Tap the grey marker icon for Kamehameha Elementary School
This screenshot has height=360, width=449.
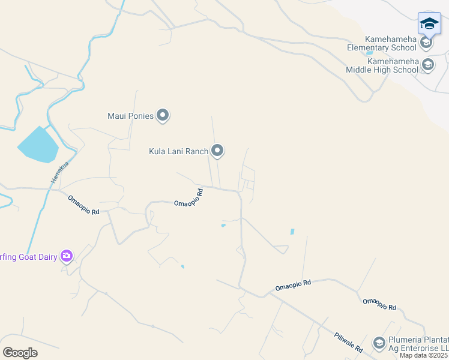[426, 43]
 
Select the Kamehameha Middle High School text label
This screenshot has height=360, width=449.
[382, 65]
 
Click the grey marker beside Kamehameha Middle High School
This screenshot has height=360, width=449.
[428, 65]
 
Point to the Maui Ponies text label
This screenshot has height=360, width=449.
[130, 116]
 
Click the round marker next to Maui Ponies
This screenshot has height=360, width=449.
[163, 115]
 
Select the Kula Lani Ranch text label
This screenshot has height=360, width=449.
[178, 151]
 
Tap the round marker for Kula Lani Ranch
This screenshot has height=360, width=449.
[218, 151]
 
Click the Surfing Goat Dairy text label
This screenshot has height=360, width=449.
[28, 257]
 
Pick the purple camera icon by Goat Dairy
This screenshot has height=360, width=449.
[66, 257]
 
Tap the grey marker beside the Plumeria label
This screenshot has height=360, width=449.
[379, 343]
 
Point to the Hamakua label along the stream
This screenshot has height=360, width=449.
[55, 174]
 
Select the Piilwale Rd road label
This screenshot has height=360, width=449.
[349, 342]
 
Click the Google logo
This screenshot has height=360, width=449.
[20, 353]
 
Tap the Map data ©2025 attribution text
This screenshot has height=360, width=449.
[424, 355]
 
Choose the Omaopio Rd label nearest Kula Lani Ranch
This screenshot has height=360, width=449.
[188, 198]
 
